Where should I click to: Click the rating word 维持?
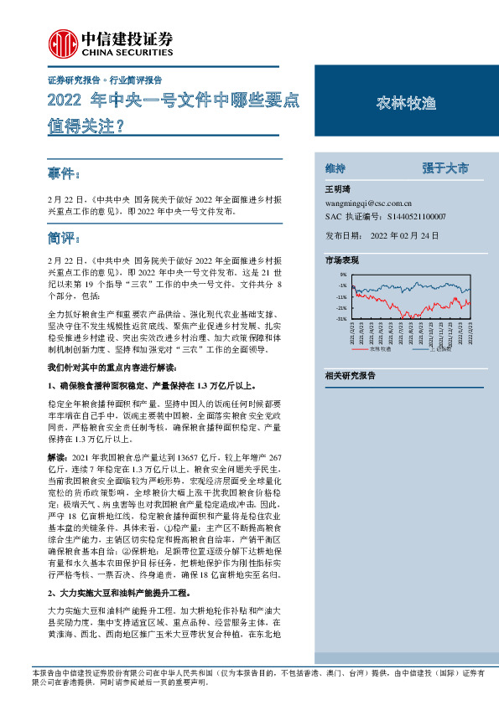click(336, 167)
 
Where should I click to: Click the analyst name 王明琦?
click(340, 189)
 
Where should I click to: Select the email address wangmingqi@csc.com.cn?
click(368, 203)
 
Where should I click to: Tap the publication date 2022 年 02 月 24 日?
click(404, 236)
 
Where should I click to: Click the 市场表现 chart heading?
click(342, 260)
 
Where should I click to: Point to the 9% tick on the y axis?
click(343, 275)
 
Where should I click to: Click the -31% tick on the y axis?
click(341, 318)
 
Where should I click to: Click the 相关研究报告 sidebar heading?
click(351, 376)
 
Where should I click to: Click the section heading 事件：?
click(65, 175)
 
